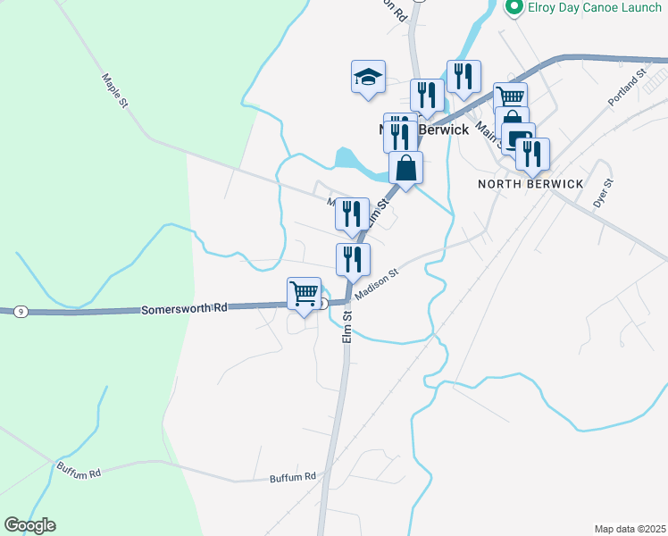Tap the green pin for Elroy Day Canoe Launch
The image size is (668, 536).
pyautogui.click(x=514, y=8)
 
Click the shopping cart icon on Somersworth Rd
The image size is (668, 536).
pyautogui.click(x=305, y=293)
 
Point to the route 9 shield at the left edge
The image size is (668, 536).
pyautogui.click(x=19, y=311)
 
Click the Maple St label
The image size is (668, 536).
pyautogui.click(x=116, y=92)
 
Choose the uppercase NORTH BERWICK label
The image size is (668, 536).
pyautogui.click(x=530, y=184)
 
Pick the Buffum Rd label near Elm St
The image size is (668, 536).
pyautogui.click(x=294, y=478)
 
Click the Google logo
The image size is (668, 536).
pyautogui.click(x=29, y=525)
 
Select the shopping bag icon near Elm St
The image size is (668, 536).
pyautogui.click(x=405, y=167)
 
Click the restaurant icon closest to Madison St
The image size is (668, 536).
pyautogui.click(x=353, y=258)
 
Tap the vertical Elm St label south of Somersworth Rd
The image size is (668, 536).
pyautogui.click(x=347, y=327)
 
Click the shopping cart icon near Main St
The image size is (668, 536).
pyautogui.click(x=510, y=97)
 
